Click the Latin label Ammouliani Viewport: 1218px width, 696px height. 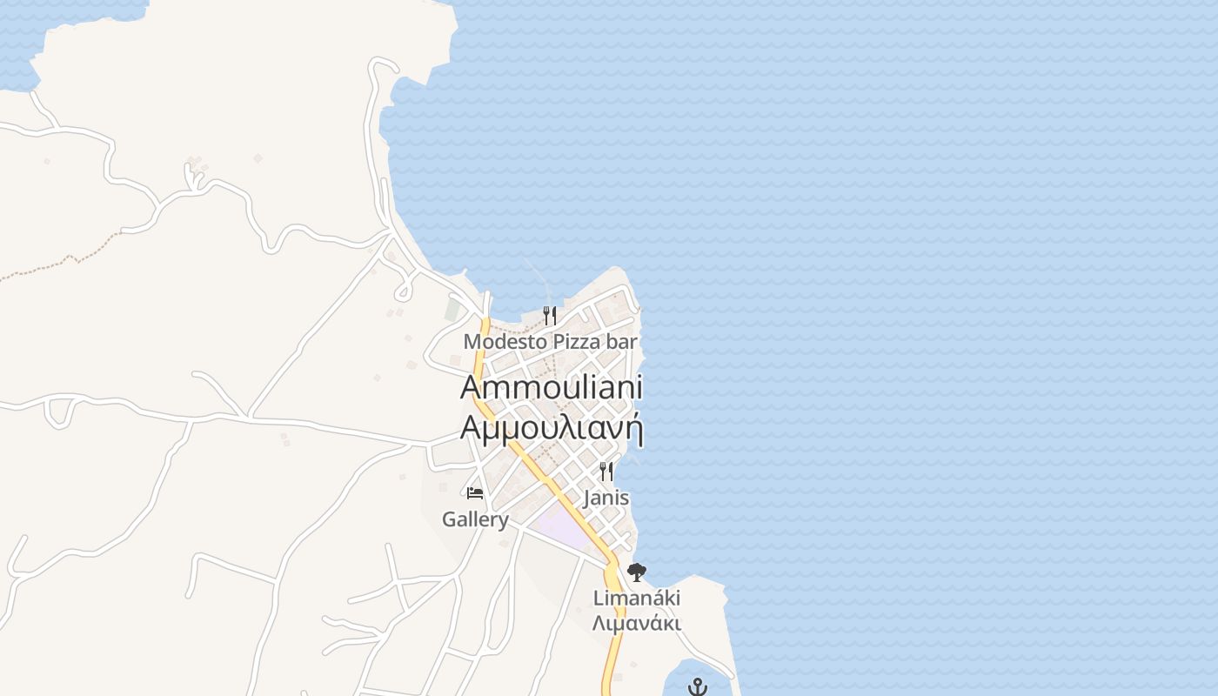(552, 387)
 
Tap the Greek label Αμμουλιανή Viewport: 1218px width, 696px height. (552, 428)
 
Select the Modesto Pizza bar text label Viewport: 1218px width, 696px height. (550, 342)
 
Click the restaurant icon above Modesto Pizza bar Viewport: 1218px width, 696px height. (549, 315)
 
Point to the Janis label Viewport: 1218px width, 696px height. (606, 499)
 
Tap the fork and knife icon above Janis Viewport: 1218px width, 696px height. (606, 472)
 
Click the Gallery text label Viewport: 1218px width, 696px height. (475, 519)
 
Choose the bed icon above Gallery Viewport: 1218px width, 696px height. (475, 493)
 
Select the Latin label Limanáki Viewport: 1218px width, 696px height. (637, 599)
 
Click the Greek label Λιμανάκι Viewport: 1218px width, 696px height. (637, 623)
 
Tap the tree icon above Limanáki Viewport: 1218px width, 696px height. (637, 572)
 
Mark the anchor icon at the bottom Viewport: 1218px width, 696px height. (697, 687)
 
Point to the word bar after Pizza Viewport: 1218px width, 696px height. (622, 342)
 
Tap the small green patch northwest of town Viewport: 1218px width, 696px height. (452, 309)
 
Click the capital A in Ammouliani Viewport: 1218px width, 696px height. (471, 387)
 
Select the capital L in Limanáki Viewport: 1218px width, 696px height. (599, 599)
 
